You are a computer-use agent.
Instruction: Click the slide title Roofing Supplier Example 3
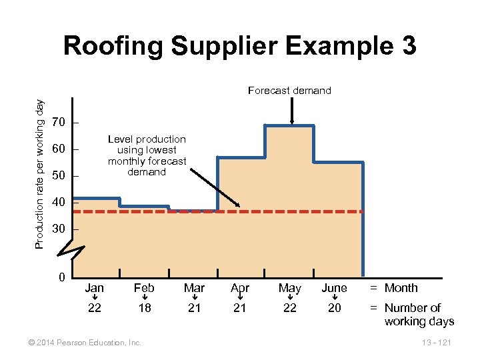click(239, 46)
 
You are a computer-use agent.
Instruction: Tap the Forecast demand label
click(289, 91)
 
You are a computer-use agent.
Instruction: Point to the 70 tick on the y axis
click(59, 123)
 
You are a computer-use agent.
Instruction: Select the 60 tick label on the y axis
click(59, 149)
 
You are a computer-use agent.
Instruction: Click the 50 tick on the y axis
click(59, 176)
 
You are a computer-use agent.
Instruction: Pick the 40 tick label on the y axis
click(59, 202)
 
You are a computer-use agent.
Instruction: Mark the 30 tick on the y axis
click(59, 229)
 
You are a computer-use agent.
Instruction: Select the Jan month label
click(95, 288)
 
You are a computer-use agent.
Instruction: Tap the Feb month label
click(144, 288)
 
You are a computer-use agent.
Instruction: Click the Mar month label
click(194, 288)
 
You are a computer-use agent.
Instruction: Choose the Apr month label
click(240, 288)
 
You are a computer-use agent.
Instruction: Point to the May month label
click(289, 288)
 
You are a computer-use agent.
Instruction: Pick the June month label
click(334, 288)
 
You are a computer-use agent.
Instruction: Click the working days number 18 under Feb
click(144, 308)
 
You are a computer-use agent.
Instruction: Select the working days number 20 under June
click(334, 308)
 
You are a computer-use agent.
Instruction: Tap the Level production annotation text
click(147, 155)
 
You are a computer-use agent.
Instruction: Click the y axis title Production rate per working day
click(40, 175)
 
